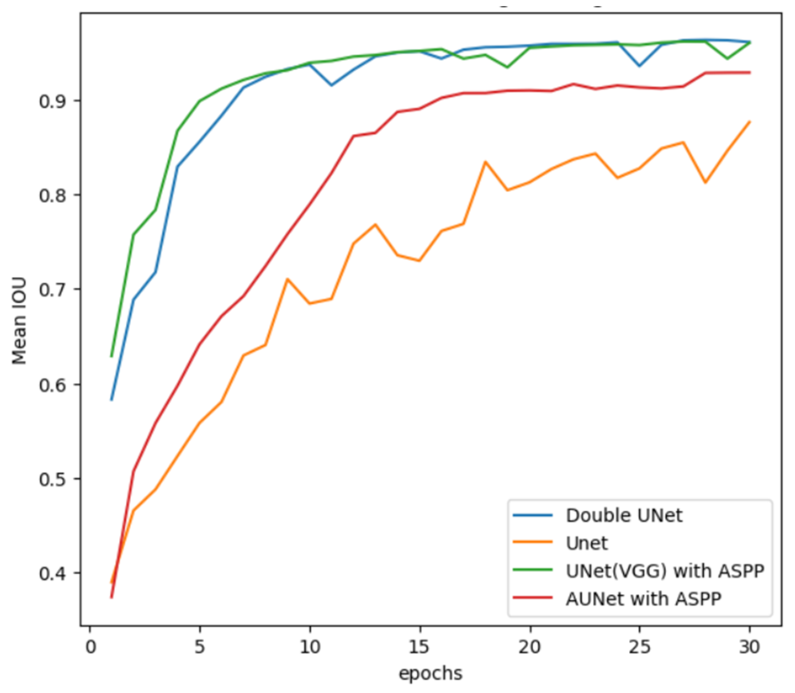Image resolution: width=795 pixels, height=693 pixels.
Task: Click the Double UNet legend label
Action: [624, 516]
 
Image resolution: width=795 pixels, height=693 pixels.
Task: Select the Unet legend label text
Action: [586, 543]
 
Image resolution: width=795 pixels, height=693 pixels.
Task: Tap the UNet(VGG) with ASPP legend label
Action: [665, 571]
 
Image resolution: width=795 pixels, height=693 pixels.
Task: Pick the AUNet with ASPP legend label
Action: [643, 599]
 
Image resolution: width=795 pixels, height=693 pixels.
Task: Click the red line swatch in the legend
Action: [533, 598]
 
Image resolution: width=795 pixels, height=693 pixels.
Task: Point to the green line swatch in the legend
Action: [533, 570]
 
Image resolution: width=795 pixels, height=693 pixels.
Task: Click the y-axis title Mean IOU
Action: [19, 321]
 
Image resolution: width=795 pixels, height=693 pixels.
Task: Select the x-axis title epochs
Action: [430, 673]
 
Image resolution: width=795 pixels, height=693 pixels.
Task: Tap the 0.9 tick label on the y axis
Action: [52, 101]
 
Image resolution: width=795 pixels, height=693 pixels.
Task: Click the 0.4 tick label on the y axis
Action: [52, 573]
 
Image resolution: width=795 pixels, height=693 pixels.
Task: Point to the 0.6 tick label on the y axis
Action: [52, 385]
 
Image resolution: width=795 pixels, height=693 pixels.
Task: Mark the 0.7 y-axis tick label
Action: [52, 290]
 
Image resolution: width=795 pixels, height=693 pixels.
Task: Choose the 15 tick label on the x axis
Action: [419, 647]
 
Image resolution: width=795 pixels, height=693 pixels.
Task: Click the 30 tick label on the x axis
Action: [749, 647]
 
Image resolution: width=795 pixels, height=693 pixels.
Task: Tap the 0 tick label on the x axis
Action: [90, 647]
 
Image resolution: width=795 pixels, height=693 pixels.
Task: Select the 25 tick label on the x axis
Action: [639, 647]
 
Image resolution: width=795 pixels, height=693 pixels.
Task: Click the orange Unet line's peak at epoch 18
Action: [485, 162]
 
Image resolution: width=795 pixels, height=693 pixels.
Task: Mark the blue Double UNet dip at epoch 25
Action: [639, 66]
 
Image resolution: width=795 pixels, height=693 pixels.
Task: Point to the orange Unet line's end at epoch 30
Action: [750, 122]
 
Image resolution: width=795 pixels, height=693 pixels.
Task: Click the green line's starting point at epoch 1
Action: [112, 357]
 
